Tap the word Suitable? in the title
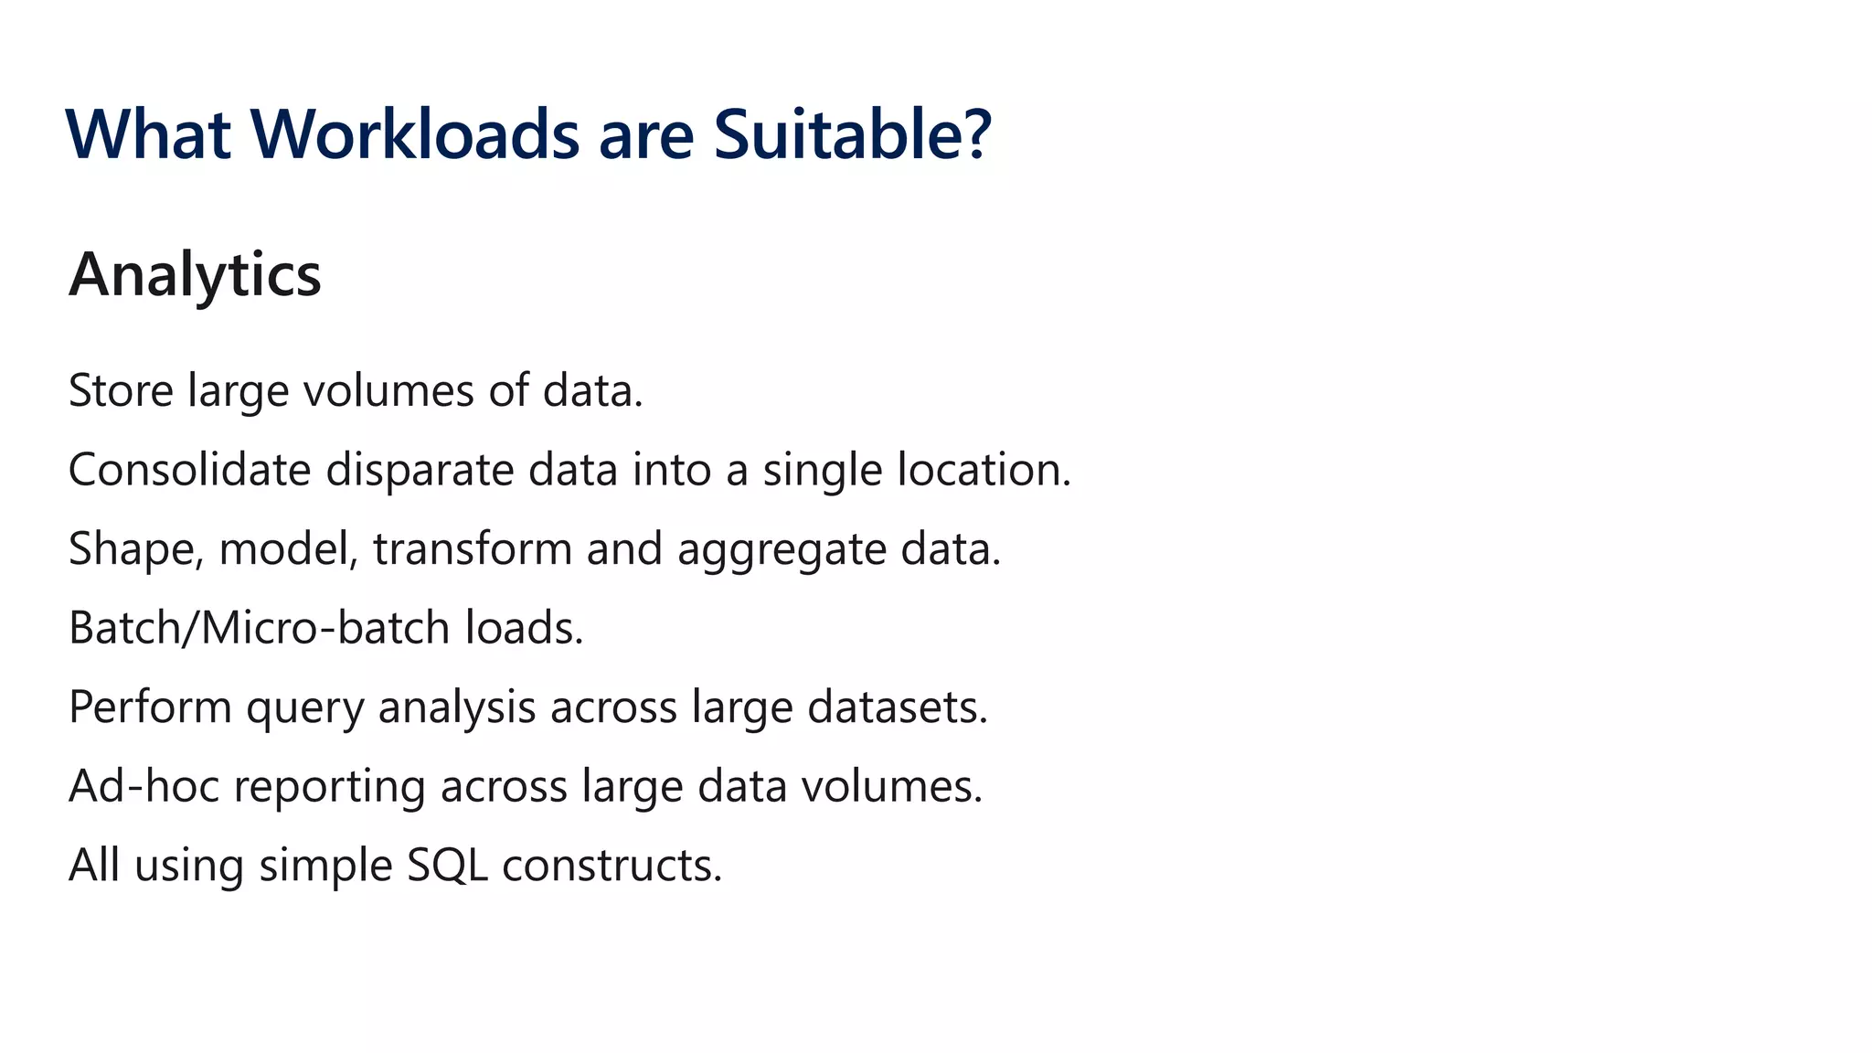852,134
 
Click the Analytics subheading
195,274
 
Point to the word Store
121,391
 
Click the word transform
472,549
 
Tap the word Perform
150,707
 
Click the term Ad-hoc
144,786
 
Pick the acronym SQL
447,866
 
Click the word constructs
612,866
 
